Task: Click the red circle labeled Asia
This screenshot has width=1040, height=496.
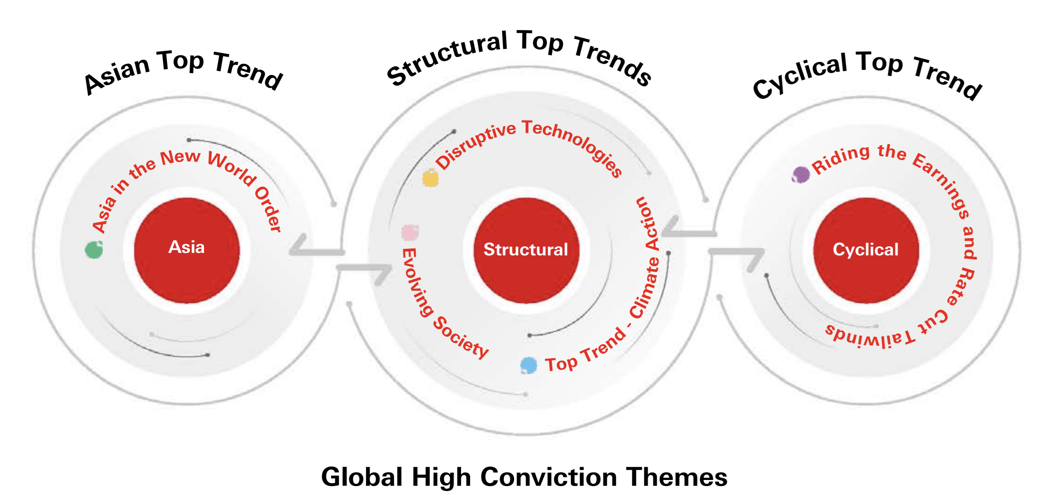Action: click(187, 250)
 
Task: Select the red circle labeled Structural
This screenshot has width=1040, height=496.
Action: click(526, 250)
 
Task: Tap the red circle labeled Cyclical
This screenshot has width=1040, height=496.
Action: click(866, 250)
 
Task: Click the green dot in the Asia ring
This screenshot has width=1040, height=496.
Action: click(94, 250)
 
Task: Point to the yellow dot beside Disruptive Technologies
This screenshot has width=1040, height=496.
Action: click(431, 178)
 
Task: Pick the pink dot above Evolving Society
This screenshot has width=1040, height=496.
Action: click(410, 232)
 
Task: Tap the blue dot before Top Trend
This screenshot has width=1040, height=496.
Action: click(529, 365)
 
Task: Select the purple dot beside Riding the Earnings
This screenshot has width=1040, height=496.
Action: click(801, 174)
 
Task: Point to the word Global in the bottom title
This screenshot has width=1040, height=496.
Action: click(362, 477)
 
